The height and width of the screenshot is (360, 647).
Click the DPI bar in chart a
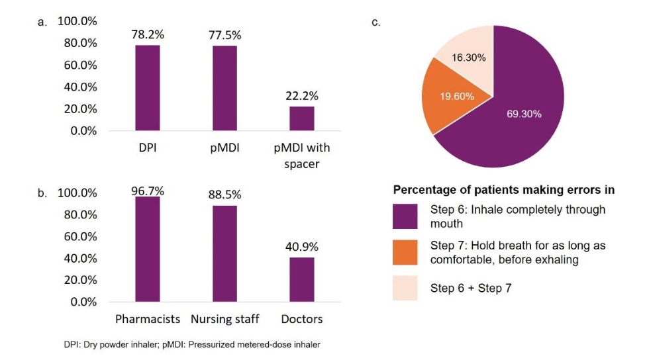[x=148, y=87]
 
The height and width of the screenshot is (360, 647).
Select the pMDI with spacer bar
[x=301, y=118]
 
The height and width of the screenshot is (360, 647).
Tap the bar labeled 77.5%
[x=224, y=88]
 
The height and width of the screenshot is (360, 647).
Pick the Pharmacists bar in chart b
[x=148, y=249]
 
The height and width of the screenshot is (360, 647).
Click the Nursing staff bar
[x=224, y=253]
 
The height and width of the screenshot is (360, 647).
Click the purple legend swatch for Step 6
[x=405, y=216]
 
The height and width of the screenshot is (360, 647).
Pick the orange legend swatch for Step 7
[x=405, y=252]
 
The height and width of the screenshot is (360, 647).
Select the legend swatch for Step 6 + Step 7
[x=405, y=288]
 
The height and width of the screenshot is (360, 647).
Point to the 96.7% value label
[x=148, y=191]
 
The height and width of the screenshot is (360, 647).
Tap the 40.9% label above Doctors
[x=301, y=246]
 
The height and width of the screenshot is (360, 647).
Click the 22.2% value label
[x=301, y=95]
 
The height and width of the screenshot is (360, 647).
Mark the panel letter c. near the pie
[x=375, y=22]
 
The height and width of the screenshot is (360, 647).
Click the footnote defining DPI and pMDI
[x=192, y=344]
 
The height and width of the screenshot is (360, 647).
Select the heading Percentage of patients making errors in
[x=503, y=190]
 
